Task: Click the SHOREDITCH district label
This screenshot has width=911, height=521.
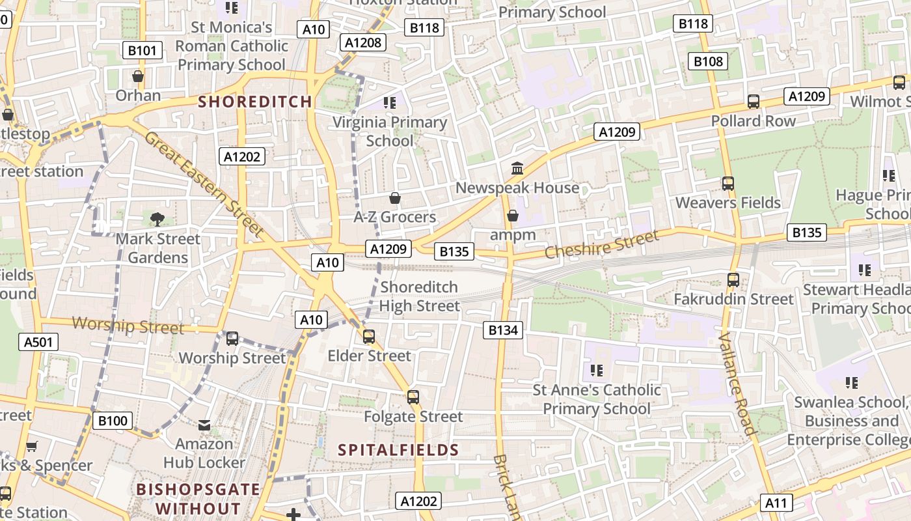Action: pos(255,102)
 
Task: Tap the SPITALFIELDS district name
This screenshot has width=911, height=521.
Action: pos(399,450)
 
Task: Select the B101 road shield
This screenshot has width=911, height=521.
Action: pos(143,50)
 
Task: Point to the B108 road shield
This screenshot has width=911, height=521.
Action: pos(708,61)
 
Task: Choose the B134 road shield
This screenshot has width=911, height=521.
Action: pos(503,330)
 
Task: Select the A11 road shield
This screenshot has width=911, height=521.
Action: pos(776,503)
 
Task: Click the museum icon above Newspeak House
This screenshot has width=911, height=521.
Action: pos(517,169)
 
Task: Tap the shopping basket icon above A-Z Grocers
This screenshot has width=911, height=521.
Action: pos(394,197)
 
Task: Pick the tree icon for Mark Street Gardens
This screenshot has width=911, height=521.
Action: pos(157,219)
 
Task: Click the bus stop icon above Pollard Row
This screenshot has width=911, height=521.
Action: pos(754,102)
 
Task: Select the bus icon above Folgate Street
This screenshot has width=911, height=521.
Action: pos(413,397)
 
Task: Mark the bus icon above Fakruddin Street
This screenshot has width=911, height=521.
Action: pos(733,280)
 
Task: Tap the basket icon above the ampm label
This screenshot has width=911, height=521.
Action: pos(513,216)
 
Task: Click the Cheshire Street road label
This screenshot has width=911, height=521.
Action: pos(601,245)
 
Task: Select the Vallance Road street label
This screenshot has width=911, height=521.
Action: pos(737,384)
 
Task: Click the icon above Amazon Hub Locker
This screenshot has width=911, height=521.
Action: pos(204,425)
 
